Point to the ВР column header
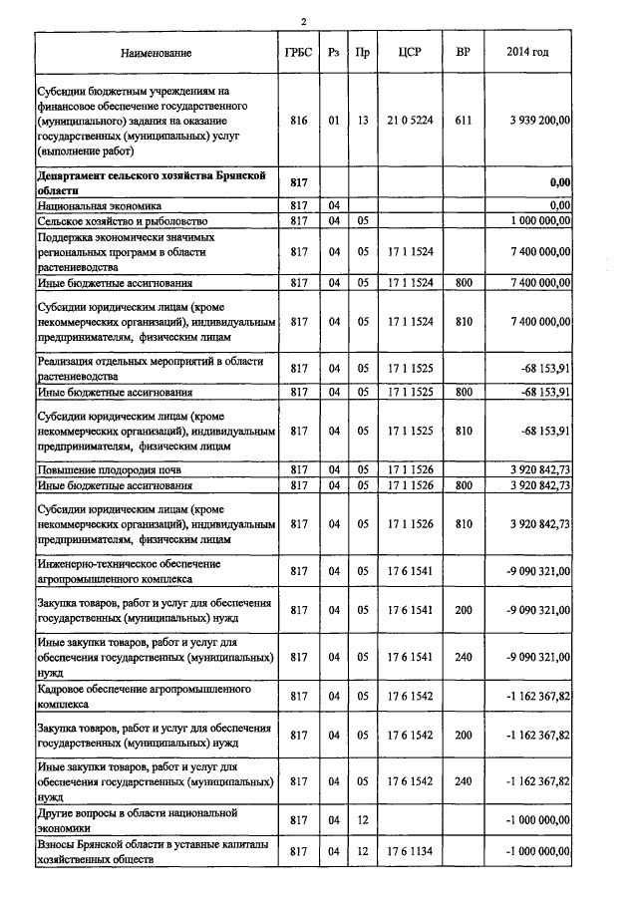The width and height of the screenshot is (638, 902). pyautogui.click(x=463, y=51)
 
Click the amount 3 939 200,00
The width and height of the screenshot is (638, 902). pyautogui.click(x=539, y=120)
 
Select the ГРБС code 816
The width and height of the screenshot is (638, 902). pyautogui.click(x=296, y=120)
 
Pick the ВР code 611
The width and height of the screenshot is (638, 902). pyautogui.click(x=463, y=120)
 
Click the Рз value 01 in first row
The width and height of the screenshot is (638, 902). pyautogui.click(x=333, y=120)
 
